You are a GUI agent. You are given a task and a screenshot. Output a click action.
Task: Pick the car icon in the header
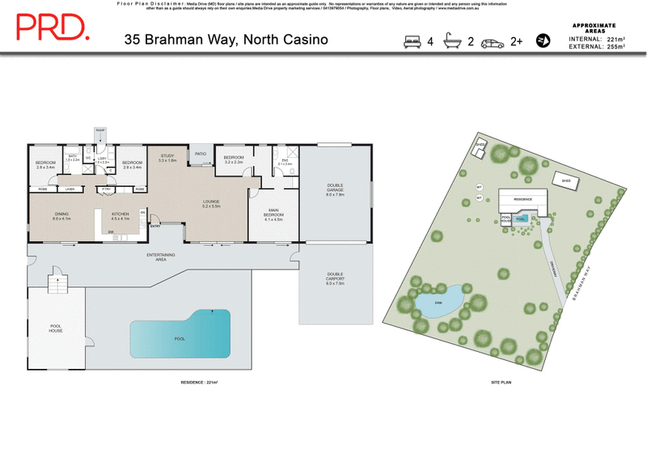pos(493,42)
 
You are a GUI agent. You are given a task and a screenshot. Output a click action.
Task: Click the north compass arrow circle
pos(543,40)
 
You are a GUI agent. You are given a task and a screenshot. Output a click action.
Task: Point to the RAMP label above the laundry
pos(100,129)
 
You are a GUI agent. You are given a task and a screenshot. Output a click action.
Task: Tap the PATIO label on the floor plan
pos(200,152)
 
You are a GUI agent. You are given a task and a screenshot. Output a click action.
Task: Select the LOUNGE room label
pos(213,203)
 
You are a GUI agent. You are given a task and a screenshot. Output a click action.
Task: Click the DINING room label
pos(62,215)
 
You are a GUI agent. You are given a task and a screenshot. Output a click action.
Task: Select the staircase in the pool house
pos(57,286)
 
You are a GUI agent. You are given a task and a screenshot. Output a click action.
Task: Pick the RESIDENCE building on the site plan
pos(522,198)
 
